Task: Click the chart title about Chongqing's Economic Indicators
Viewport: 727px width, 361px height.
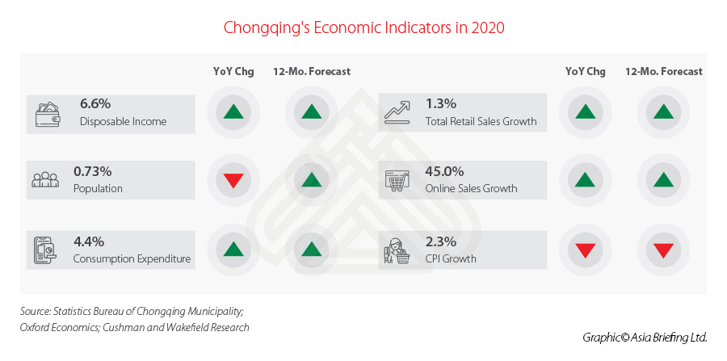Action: click(363, 27)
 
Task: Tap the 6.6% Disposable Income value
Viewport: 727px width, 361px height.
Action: click(95, 103)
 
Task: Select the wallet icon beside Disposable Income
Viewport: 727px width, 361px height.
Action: click(48, 113)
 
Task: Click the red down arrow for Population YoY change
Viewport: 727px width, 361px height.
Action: click(233, 181)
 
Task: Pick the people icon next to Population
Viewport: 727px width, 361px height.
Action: click(45, 180)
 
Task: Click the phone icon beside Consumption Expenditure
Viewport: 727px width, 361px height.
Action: click(46, 250)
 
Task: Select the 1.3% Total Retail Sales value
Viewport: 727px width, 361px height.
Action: click(440, 103)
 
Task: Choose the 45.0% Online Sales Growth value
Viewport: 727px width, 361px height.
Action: click(444, 171)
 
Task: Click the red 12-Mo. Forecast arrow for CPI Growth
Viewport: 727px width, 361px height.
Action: click(663, 250)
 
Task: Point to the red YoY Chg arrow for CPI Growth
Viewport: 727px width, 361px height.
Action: click(584, 250)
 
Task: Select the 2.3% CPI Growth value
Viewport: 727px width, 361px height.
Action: click(440, 241)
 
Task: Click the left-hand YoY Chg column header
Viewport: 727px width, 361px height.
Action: click(233, 71)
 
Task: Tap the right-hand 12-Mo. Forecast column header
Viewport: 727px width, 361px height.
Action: click(663, 71)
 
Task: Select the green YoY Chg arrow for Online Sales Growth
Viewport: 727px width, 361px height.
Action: click(584, 180)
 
